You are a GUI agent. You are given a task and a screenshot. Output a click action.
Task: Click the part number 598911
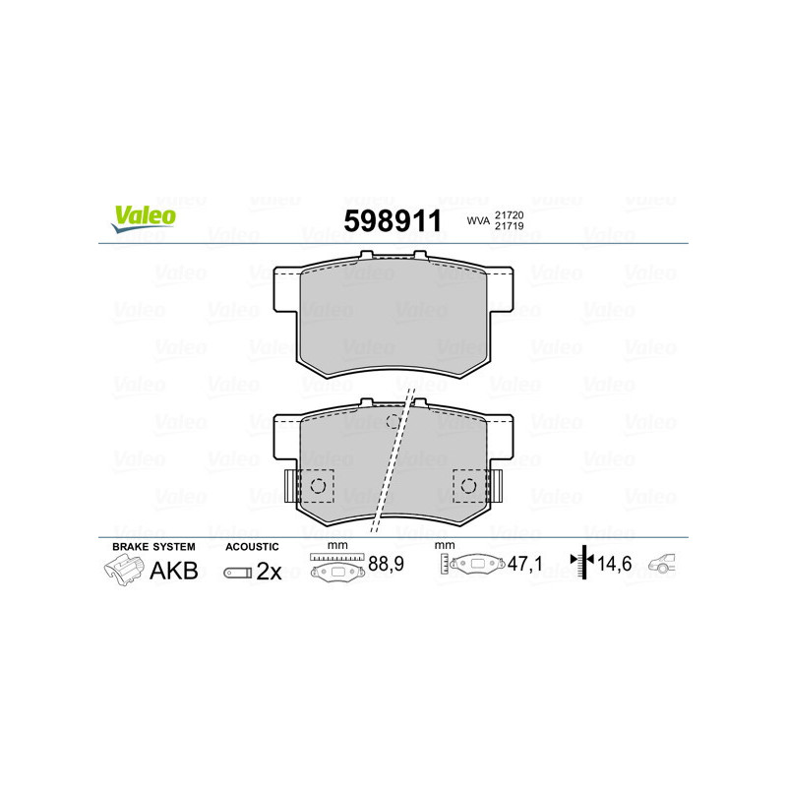click(x=393, y=221)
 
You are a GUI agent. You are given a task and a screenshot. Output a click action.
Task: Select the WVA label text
click(x=477, y=220)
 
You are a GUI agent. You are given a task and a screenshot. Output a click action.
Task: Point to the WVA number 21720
click(x=509, y=213)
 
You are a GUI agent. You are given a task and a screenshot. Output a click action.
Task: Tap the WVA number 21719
click(x=509, y=227)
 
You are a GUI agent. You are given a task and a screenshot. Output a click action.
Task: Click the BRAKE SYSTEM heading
click(x=153, y=546)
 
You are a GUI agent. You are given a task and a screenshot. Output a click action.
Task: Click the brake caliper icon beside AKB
click(x=122, y=570)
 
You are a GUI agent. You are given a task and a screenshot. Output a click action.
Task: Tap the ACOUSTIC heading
click(x=252, y=546)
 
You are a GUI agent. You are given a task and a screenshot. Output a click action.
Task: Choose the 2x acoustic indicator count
click(x=269, y=572)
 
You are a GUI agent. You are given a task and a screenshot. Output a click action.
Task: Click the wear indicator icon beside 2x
click(x=237, y=572)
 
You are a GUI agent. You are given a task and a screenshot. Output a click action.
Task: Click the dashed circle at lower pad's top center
click(x=393, y=422)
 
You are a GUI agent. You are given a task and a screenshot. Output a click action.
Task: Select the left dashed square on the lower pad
click(x=318, y=485)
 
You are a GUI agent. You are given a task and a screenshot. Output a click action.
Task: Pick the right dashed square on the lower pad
click(x=469, y=485)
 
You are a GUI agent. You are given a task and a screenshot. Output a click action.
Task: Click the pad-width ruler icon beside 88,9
click(x=336, y=568)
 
